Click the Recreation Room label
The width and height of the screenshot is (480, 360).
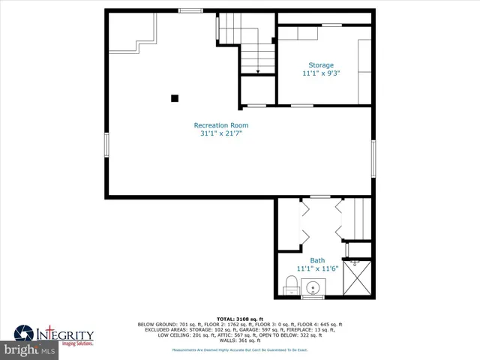point(221,125)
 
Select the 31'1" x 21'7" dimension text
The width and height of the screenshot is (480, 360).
point(221,133)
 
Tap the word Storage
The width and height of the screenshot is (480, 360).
point(321,65)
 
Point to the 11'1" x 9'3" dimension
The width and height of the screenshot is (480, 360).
point(321,73)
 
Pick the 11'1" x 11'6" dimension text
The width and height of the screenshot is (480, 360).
point(318,268)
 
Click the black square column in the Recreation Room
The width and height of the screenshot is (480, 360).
point(175,97)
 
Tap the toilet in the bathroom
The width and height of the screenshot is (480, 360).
point(291,286)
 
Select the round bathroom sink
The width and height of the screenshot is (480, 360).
point(313,287)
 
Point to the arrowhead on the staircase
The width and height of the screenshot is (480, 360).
point(257,72)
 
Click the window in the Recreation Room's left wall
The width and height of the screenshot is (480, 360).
point(107,144)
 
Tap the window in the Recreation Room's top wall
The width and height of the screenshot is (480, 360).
point(190,10)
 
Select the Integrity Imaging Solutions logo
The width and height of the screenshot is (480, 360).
point(56,334)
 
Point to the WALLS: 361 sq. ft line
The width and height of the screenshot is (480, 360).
point(240,340)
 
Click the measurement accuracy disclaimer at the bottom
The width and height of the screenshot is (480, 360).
point(240,349)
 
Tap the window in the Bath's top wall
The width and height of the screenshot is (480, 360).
point(320,196)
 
